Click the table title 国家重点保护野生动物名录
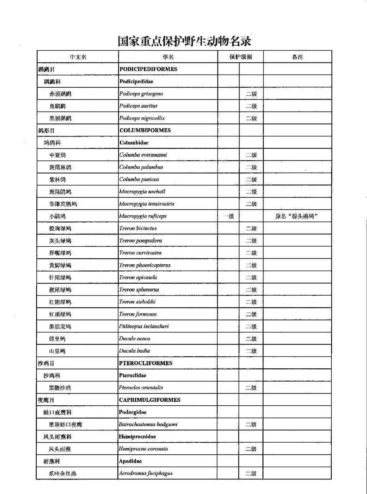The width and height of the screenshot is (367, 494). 184,41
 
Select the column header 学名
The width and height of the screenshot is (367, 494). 168,57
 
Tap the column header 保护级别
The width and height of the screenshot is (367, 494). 241,57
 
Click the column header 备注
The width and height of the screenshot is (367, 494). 297,57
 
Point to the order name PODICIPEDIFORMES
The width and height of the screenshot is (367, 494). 148,69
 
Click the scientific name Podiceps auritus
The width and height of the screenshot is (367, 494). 138,106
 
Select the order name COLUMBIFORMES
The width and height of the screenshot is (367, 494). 145,130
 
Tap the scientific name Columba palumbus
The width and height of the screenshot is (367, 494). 141,167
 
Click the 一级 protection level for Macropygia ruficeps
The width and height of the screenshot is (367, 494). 228,216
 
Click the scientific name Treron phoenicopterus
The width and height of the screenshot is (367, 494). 145,265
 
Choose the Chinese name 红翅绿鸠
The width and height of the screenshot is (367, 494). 60,302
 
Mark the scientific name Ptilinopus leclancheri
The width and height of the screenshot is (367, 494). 144,326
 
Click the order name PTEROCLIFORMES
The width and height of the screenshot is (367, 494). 146,363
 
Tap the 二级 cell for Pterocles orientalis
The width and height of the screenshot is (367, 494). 251,388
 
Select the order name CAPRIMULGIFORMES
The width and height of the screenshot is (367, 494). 150,400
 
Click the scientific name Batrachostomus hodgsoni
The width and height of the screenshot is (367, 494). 148,424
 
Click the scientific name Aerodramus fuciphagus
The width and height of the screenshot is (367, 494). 145,473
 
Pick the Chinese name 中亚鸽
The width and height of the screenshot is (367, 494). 57,155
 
